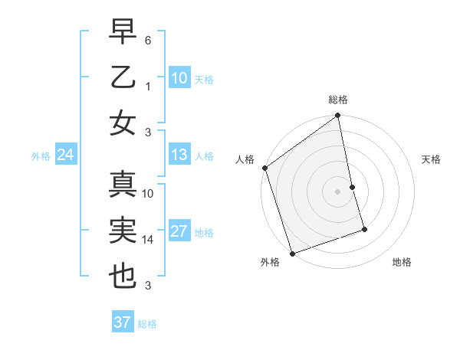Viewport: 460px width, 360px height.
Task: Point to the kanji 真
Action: click(x=123, y=185)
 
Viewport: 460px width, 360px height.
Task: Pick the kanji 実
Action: click(x=123, y=231)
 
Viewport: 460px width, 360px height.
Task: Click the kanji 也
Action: click(x=123, y=277)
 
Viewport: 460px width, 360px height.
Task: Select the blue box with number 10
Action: click(x=179, y=77)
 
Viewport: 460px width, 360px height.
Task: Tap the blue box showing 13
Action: click(x=179, y=155)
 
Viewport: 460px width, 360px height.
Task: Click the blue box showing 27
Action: click(x=179, y=232)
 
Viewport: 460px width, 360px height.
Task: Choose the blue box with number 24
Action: click(x=65, y=155)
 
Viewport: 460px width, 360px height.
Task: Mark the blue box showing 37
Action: click(x=122, y=322)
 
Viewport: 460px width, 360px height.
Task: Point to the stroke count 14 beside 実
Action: click(x=148, y=239)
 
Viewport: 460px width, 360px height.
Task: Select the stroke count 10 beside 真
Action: click(x=148, y=194)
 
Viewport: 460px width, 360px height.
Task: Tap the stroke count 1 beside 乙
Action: click(x=148, y=86)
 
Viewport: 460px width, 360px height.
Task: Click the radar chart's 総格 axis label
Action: click(x=338, y=100)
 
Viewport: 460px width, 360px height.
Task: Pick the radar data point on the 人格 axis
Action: click(x=264, y=168)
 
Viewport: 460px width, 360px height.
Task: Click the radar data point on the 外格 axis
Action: click(x=292, y=254)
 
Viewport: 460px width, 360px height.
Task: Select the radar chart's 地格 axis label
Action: click(x=402, y=263)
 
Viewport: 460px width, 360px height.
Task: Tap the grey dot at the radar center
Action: click(x=338, y=191)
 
